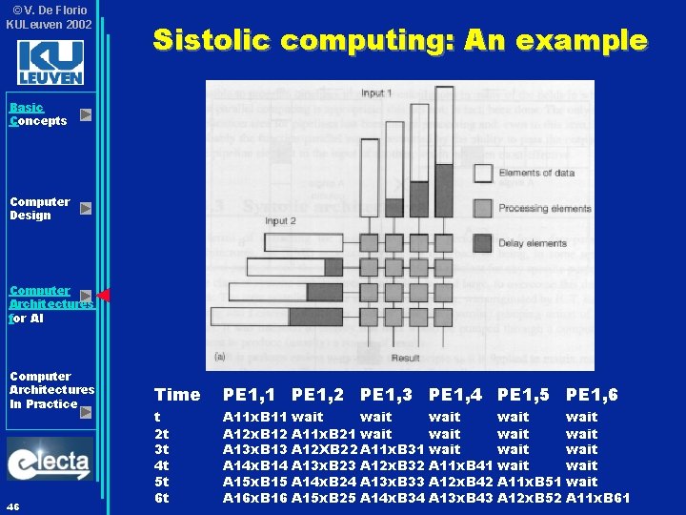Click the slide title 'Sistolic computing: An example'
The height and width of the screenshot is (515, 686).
click(x=400, y=40)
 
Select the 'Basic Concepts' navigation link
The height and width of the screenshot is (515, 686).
click(x=38, y=114)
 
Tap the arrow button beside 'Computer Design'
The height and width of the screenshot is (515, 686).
click(x=86, y=208)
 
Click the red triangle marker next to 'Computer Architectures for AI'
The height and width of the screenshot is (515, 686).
click(x=103, y=296)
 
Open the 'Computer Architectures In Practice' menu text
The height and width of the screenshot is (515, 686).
click(x=51, y=390)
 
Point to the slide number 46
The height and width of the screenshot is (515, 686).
click(x=13, y=505)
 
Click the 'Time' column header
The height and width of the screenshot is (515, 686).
click(x=177, y=395)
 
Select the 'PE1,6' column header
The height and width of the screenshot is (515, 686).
click(x=592, y=395)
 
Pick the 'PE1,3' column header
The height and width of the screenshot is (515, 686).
click(x=386, y=395)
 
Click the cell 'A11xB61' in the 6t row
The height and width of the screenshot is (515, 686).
click(x=597, y=498)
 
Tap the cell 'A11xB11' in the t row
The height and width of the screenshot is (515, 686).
click(x=254, y=417)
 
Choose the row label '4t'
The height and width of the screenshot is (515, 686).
click(x=162, y=465)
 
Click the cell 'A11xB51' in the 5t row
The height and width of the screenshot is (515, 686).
click(x=529, y=482)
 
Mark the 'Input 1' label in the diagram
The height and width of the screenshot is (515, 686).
click(x=375, y=93)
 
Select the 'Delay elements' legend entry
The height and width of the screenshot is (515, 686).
click(x=533, y=243)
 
